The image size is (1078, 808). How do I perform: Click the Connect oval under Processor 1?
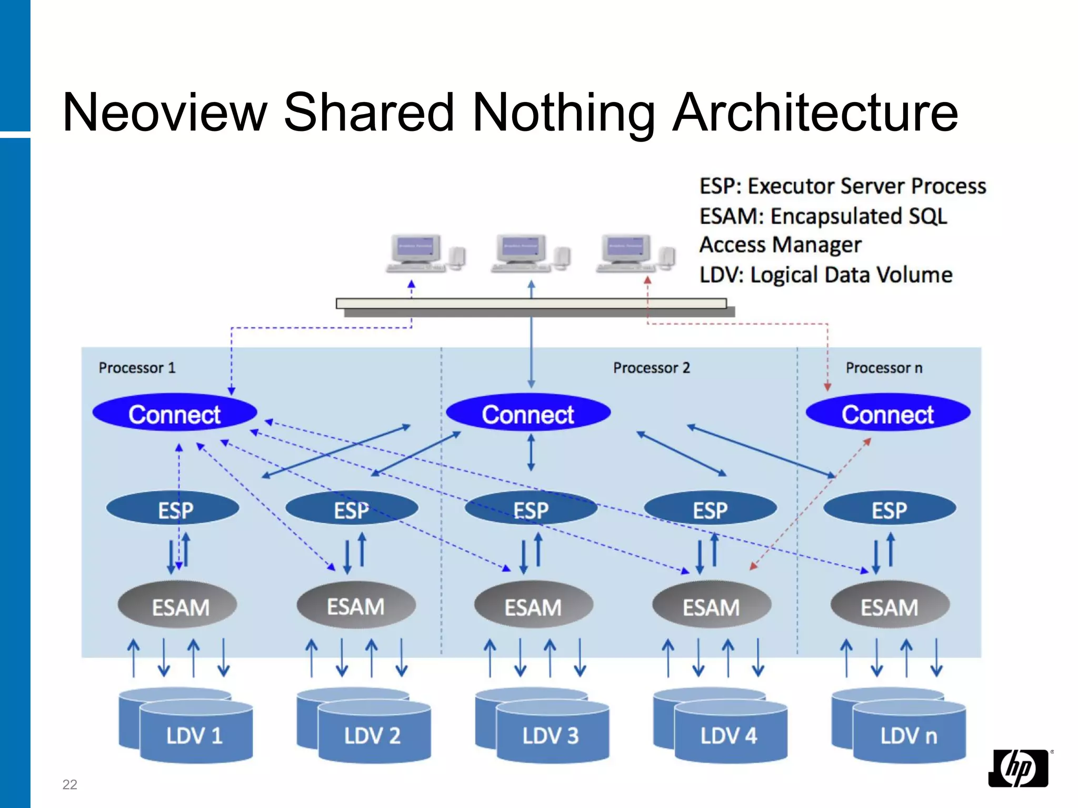click(x=174, y=413)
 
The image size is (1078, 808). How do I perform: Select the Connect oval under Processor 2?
click(x=528, y=413)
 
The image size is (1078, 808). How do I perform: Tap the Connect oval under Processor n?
click(x=888, y=413)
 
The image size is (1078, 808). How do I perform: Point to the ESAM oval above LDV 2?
click(x=356, y=606)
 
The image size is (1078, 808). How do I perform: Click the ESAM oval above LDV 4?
click(x=711, y=607)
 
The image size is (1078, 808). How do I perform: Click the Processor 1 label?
click(x=137, y=368)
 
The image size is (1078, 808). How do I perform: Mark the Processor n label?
click(x=884, y=368)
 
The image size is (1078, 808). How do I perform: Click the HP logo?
click(x=1019, y=768)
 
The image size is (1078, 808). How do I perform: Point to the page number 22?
click(x=69, y=784)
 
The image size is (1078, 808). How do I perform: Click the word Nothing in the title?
click(x=563, y=112)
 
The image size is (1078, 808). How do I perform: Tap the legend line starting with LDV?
click(x=825, y=275)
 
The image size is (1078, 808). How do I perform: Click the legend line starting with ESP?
click(x=842, y=186)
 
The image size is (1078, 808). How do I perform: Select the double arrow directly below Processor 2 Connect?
click(x=531, y=452)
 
